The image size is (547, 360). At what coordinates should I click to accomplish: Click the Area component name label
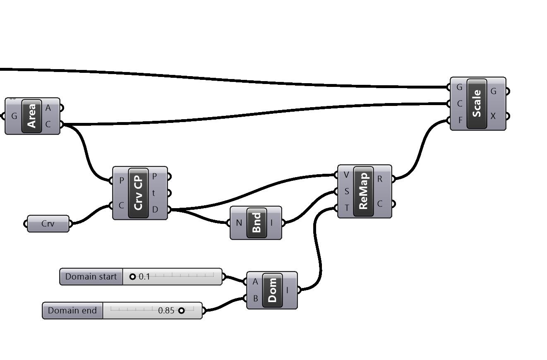point(32,116)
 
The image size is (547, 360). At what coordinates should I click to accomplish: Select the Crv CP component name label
point(139,193)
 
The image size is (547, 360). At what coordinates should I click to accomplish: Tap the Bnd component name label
point(257,223)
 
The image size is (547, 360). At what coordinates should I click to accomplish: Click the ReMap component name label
point(364,191)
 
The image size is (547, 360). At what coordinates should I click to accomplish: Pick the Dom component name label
point(272,290)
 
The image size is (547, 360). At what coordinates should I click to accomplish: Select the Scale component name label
point(477,103)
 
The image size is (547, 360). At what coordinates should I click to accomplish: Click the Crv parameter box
point(48,224)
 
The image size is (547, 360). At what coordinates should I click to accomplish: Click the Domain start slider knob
point(132,276)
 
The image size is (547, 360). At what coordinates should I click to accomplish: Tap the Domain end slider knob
point(181,310)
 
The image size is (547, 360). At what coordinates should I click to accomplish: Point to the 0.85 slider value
point(166,310)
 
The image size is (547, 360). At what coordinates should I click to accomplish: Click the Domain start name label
point(91,276)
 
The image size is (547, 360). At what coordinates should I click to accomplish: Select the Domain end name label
point(72,310)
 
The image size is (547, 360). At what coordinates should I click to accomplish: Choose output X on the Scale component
point(493,116)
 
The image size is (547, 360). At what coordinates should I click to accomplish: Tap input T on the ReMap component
point(346,208)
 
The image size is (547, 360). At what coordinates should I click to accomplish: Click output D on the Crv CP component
point(155,209)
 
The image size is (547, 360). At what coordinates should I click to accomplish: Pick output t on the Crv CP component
point(154,193)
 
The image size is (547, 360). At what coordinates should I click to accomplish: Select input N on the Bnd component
point(239,223)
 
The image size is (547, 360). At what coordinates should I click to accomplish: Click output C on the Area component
point(48,124)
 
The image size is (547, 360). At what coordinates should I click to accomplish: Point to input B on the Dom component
point(255,298)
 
